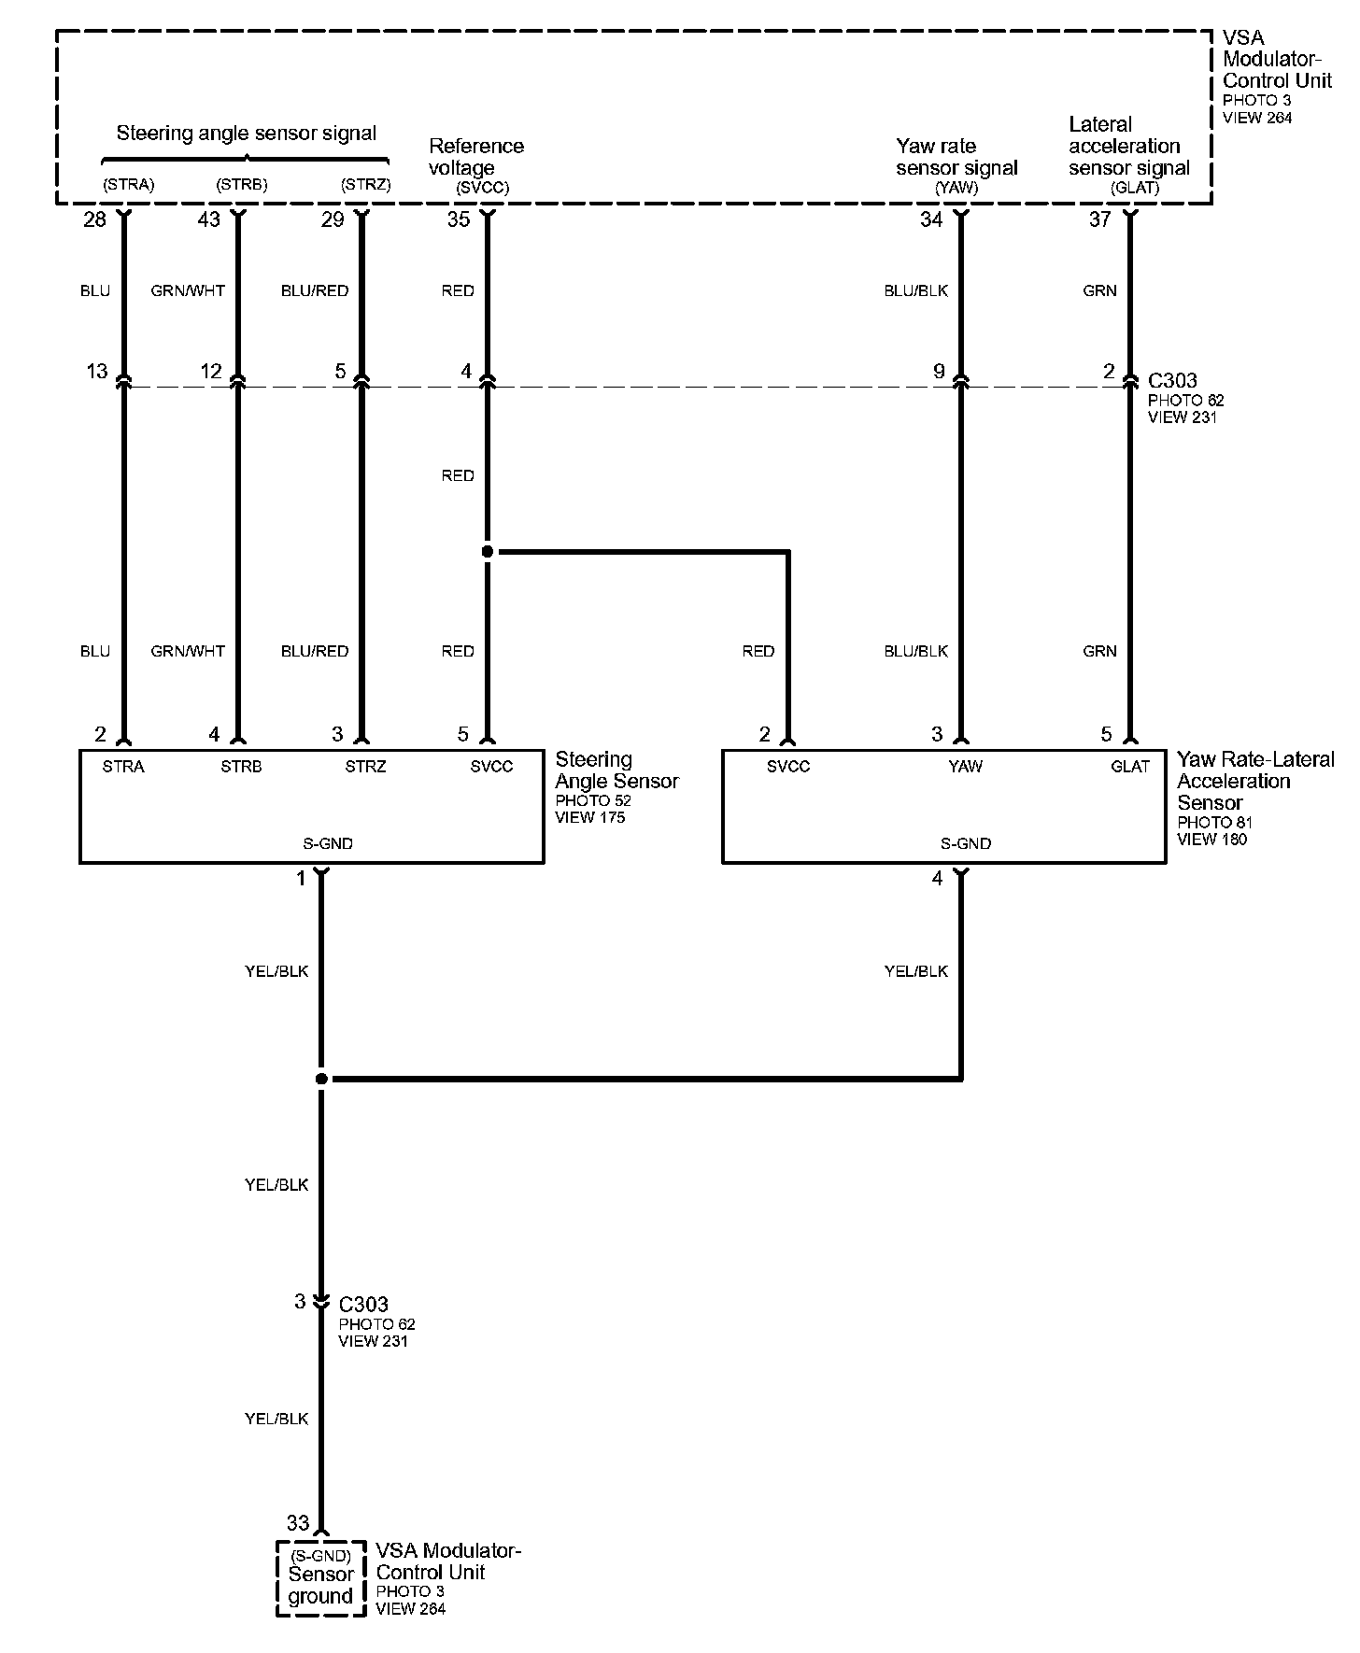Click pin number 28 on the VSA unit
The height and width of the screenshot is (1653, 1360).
tap(94, 219)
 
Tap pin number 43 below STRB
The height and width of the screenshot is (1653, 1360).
tap(208, 219)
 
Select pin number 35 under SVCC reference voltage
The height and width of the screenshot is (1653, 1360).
tap(458, 219)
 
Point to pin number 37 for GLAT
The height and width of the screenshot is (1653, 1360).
tap(1100, 219)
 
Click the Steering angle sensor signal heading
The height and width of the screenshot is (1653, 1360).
tap(246, 134)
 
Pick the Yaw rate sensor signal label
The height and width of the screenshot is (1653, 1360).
tap(956, 157)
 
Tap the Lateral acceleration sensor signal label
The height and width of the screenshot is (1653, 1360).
tap(1128, 147)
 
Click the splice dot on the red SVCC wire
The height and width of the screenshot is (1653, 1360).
tap(487, 552)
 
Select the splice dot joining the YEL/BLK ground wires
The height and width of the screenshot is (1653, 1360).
tap(321, 1079)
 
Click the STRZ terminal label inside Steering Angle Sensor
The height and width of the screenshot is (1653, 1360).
tap(365, 767)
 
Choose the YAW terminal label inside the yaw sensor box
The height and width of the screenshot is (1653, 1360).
tap(965, 767)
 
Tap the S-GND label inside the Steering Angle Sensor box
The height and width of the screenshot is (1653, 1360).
tap(328, 843)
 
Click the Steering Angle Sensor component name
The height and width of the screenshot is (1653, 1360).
tap(616, 770)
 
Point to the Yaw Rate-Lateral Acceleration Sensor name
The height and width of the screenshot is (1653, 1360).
tap(1254, 781)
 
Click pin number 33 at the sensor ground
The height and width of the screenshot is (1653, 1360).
tap(298, 1523)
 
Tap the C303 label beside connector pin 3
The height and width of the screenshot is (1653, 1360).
tap(363, 1304)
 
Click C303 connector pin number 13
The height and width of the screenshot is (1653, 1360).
tap(97, 372)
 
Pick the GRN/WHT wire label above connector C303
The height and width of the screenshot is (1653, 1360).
tap(188, 291)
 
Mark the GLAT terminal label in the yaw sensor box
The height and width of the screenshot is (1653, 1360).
tap(1129, 767)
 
